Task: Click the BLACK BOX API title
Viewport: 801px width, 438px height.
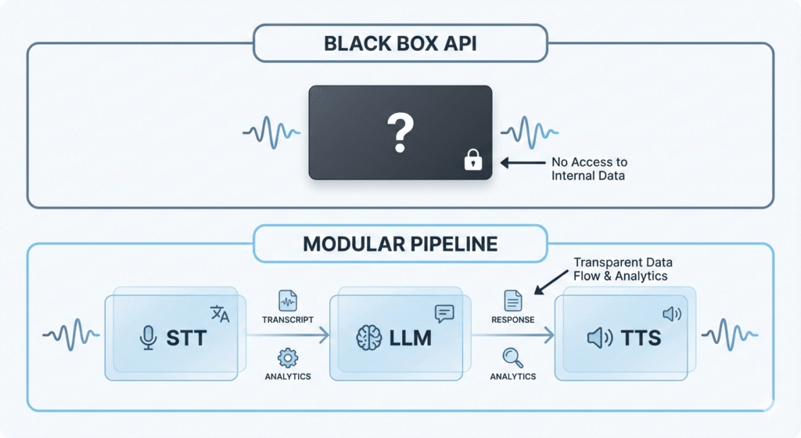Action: coord(400,43)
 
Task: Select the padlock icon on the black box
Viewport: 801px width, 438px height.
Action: coord(472,161)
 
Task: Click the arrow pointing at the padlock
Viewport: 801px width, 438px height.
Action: coord(522,163)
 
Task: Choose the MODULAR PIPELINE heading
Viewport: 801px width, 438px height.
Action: coord(400,244)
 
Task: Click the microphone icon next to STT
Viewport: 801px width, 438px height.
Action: coord(146,338)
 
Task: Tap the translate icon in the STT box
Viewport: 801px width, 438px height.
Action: coord(221,313)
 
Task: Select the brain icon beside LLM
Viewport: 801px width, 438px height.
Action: coord(368,338)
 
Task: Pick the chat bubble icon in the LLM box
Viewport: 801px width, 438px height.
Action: coord(444,313)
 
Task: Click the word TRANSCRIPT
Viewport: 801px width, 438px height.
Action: coord(288,320)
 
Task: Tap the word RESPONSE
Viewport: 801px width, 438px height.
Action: coord(512,320)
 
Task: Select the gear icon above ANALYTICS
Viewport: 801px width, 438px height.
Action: coord(288,357)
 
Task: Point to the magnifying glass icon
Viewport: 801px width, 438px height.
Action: coord(512,357)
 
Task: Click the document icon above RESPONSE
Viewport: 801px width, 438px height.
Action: coord(512,299)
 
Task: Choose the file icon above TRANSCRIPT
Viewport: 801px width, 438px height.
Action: coord(288,299)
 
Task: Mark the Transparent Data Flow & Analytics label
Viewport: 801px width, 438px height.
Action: coord(623,269)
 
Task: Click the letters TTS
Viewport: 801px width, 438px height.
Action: coord(641,338)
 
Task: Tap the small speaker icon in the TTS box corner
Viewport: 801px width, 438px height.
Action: coord(671,314)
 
